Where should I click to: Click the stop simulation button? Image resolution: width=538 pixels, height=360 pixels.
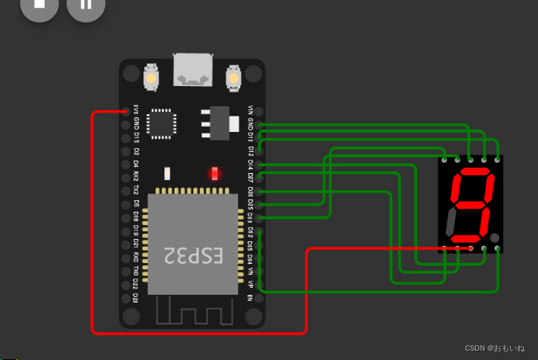[x=39, y=6]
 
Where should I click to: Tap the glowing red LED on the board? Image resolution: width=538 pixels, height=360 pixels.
[x=215, y=173]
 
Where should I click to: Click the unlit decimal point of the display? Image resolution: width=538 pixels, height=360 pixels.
[x=494, y=237]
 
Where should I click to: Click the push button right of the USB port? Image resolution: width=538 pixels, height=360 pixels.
[x=233, y=78]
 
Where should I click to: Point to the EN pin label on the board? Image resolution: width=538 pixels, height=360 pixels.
[x=250, y=297]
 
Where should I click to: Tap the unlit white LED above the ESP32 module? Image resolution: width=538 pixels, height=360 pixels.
[x=167, y=173]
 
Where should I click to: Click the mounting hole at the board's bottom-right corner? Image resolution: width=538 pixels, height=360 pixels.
[x=252, y=316]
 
